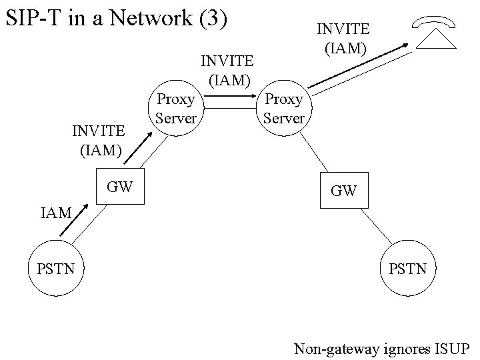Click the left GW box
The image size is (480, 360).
tap(120, 187)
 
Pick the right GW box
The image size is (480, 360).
tap(344, 190)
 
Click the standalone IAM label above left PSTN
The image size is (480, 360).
tap(56, 213)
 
